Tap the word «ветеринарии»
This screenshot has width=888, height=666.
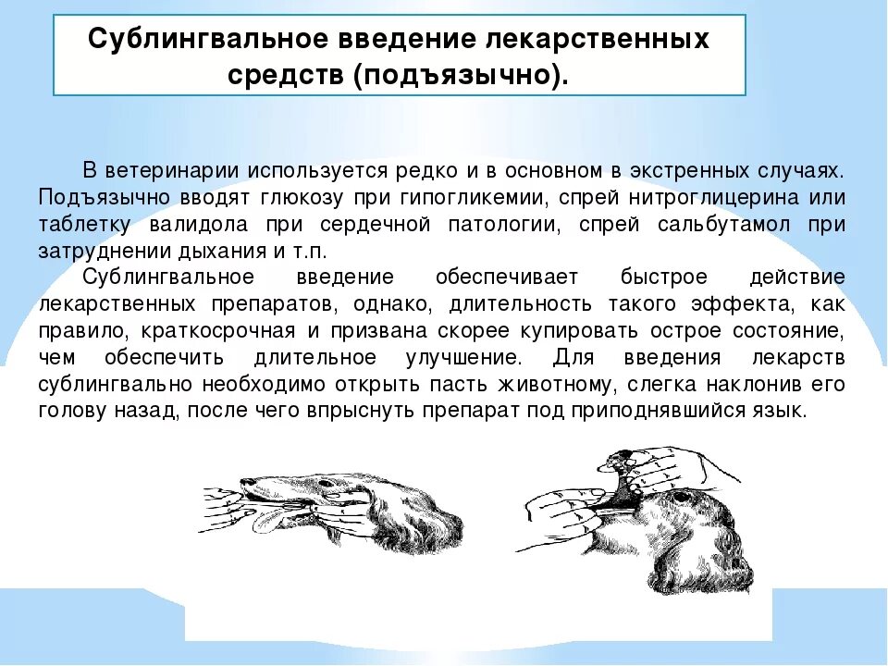click(160, 171)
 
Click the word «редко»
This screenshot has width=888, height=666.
click(425, 171)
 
